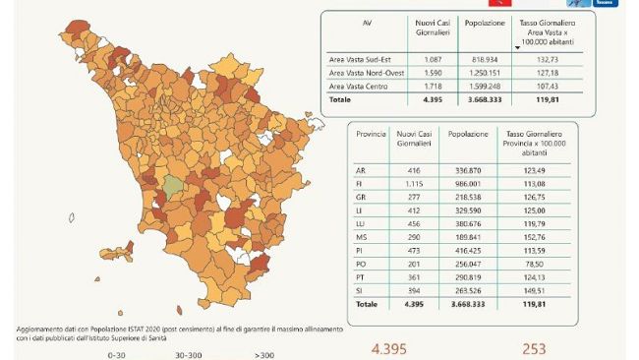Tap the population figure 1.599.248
486,86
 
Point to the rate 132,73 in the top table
555,58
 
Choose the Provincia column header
370,132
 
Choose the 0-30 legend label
117,353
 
